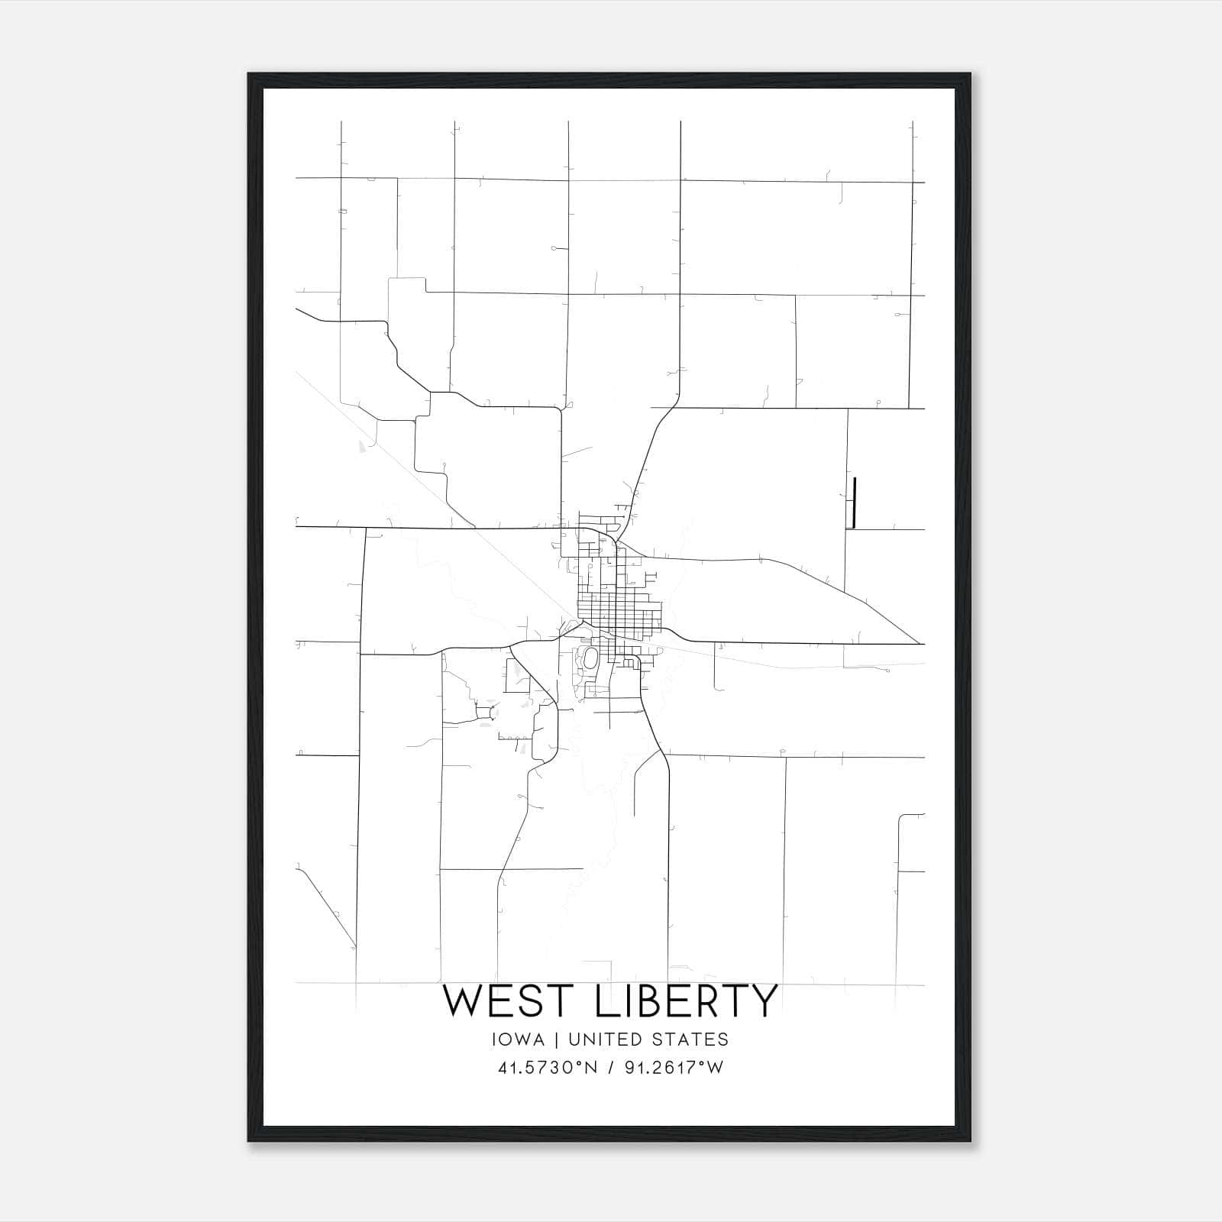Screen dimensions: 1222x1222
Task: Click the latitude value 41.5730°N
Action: (547, 1068)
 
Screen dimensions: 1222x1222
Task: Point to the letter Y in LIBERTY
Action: (762, 1001)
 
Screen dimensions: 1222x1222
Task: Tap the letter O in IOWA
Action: (509, 1039)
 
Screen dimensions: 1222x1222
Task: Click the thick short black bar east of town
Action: (854, 503)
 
